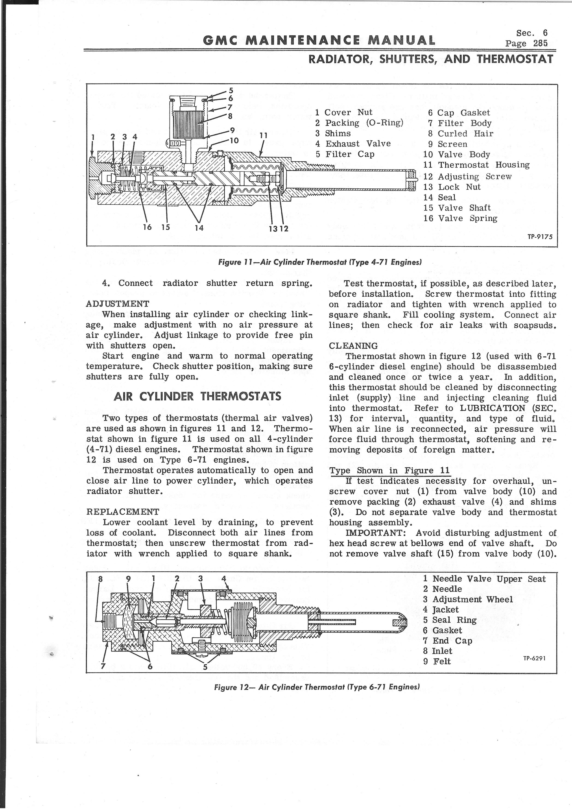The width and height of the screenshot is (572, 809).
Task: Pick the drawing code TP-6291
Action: (x=534, y=658)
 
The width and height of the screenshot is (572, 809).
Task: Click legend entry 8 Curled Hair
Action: (x=461, y=134)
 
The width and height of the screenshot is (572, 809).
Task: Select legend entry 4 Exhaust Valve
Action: (x=353, y=144)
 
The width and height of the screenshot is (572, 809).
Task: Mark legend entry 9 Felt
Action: (x=437, y=661)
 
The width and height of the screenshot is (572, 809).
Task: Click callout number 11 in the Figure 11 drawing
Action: (x=263, y=135)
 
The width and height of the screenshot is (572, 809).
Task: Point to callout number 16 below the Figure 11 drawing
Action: (x=147, y=227)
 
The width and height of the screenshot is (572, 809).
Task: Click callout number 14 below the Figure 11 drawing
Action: (x=199, y=228)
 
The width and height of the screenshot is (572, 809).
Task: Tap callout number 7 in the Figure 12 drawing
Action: (x=103, y=666)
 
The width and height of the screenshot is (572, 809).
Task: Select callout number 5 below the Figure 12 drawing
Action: (x=205, y=667)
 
